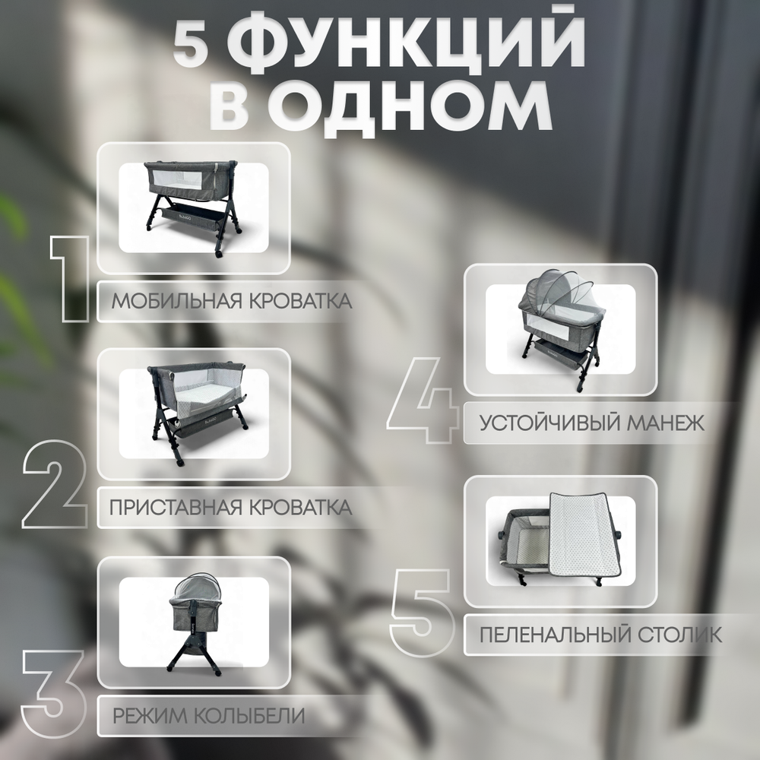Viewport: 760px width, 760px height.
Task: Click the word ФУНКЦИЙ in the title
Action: coord(407,48)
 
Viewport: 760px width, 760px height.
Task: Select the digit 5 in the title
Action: coord(190,48)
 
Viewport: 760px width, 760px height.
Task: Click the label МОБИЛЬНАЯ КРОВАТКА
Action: coord(232,301)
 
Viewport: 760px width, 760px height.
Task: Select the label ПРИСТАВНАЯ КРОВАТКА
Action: coord(231,508)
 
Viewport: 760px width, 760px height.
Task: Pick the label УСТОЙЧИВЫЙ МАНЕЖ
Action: coord(592,423)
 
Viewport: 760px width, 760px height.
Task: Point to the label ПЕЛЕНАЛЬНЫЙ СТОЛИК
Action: coord(600,633)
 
